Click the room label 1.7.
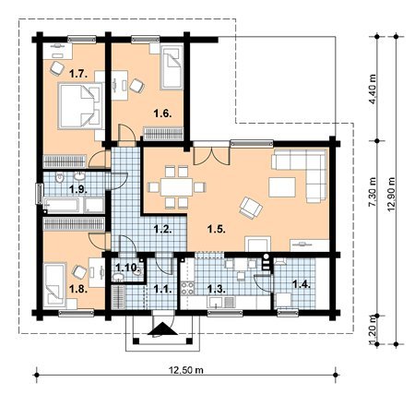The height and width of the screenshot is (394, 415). (x=78, y=74)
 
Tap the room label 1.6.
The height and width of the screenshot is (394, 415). (x=162, y=113)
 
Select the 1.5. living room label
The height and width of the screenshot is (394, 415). (x=217, y=229)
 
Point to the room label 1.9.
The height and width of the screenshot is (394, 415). (x=78, y=189)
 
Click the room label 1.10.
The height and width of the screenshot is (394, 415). (x=126, y=267)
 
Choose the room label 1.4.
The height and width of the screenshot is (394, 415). (x=302, y=284)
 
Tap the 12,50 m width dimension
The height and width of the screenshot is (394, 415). (x=186, y=370)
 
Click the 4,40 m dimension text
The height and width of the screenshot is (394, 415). (x=372, y=90)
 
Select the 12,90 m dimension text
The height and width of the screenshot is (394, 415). (x=391, y=194)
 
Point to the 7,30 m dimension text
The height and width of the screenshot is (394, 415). (x=372, y=192)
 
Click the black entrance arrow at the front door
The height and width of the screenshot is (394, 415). (x=162, y=328)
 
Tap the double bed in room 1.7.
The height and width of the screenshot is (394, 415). (x=80, y=105)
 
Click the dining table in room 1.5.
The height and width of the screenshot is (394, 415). (x=177, y=187)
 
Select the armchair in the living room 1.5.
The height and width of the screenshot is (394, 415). (x=251, y=208)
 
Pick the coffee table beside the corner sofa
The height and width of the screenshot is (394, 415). (x=282, y=187)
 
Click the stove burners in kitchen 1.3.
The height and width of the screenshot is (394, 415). (x=187, y=288)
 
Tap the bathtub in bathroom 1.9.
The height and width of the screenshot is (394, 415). (x=63, y=205)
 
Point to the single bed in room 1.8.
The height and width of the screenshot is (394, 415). (x=54, y=284)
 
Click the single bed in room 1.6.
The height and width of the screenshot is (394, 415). (x=172, y=67)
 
